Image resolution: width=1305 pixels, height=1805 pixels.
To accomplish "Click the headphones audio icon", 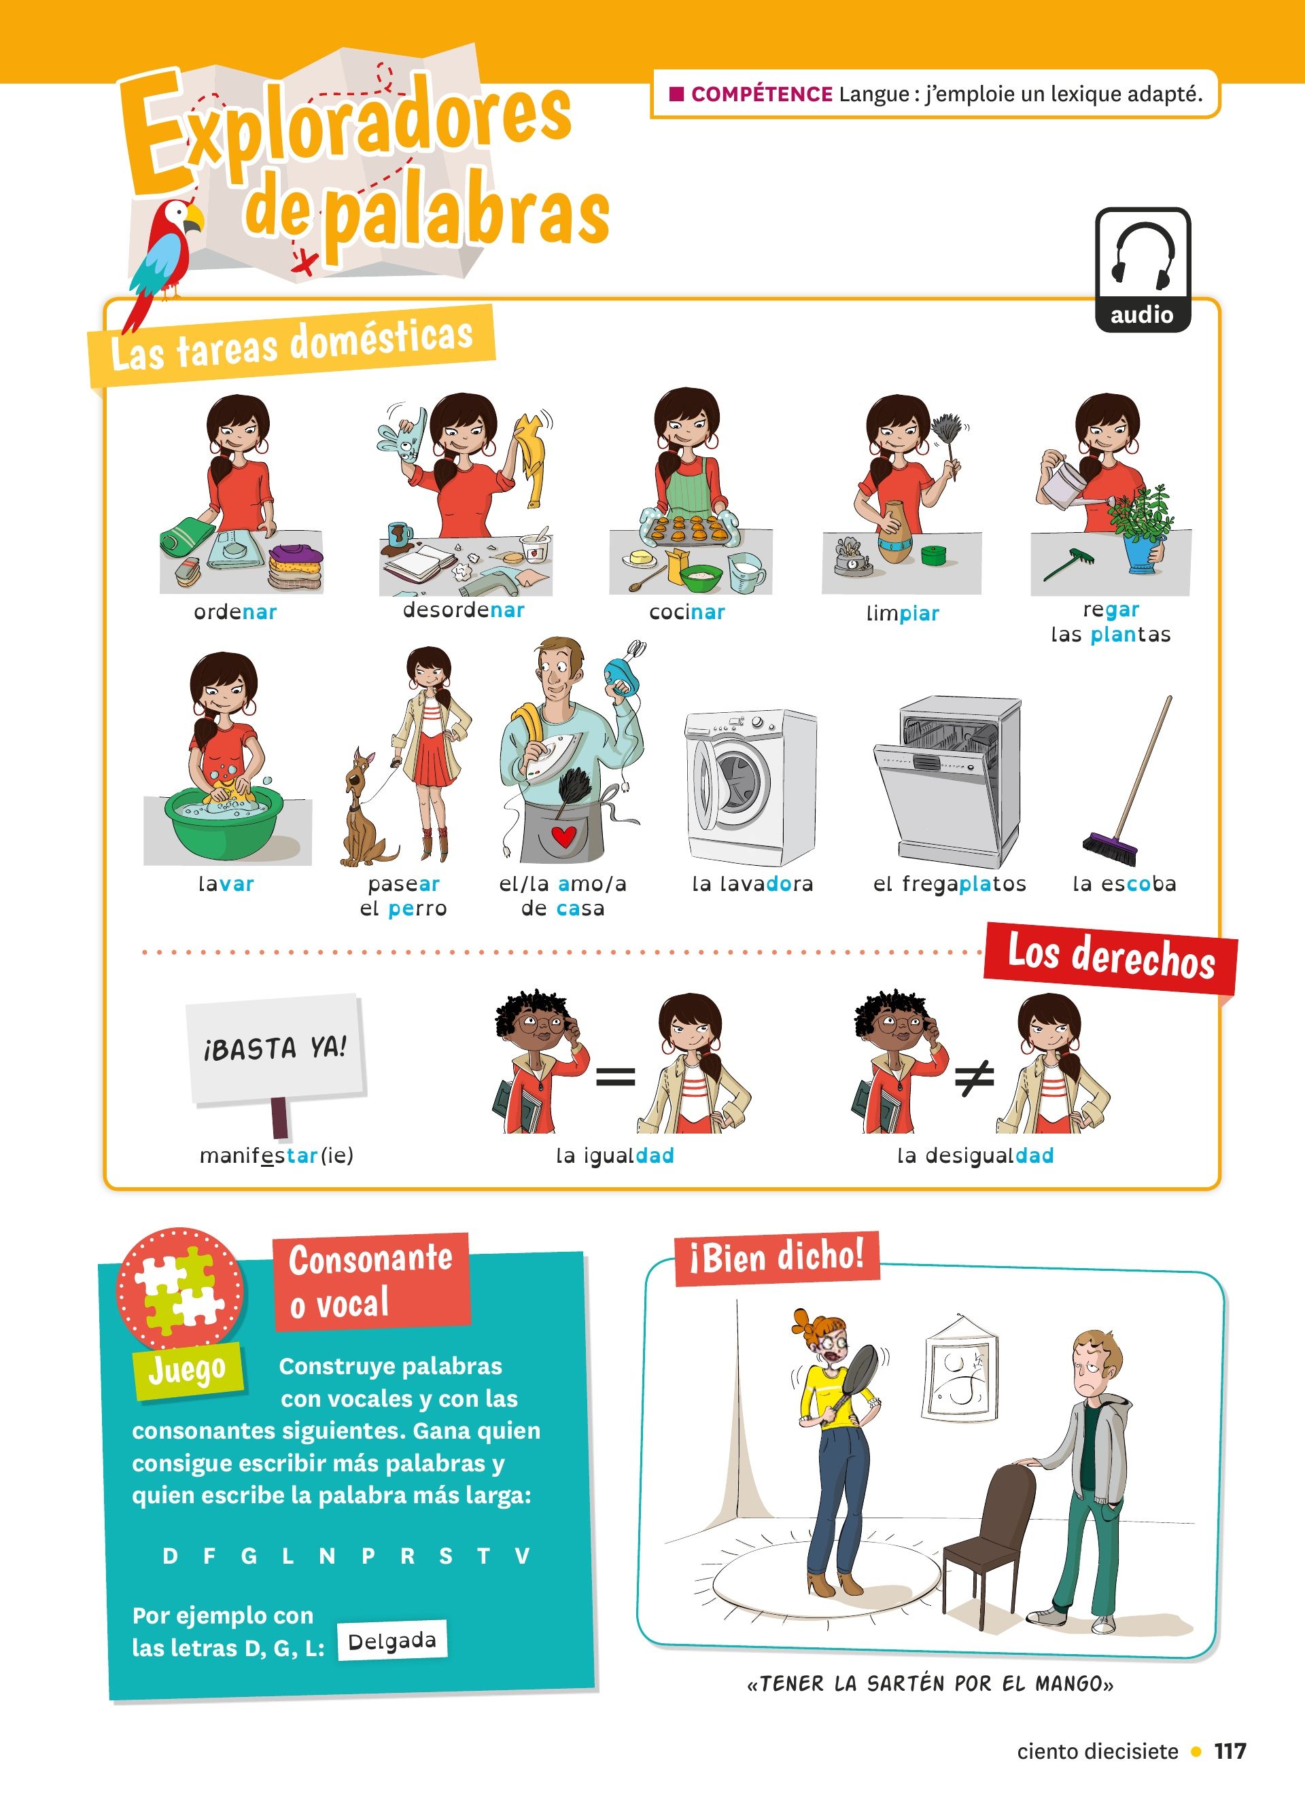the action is (x=1143, y=269).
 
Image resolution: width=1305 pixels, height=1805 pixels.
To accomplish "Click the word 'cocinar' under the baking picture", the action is (x=686, y=612).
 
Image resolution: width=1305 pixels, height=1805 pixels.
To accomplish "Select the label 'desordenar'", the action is (x=464, y=610).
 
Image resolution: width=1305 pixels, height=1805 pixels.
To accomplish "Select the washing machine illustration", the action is (x=750, y=787).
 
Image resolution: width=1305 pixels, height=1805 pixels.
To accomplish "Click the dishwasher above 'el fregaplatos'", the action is (x=947, y=782).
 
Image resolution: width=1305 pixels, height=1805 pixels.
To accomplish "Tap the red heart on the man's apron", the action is (x=563, y=837).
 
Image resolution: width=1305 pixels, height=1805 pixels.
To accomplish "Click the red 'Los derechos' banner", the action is (x=1111, y=958).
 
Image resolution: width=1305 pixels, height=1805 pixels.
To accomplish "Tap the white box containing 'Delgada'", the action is (x=391, y=1641).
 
